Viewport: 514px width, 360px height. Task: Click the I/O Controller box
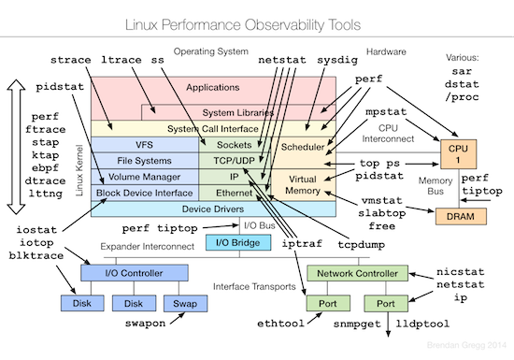[121, 274]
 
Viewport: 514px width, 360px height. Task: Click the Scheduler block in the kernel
[302, 147]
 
